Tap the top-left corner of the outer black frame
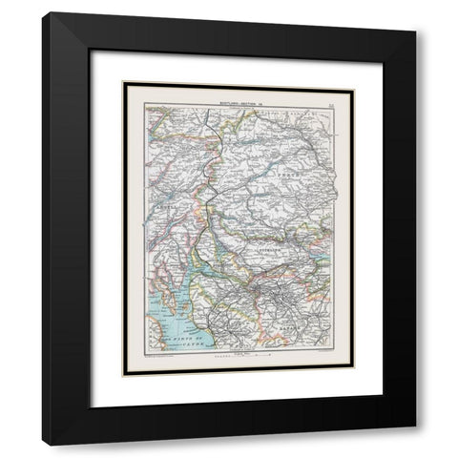tap(42, 13)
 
